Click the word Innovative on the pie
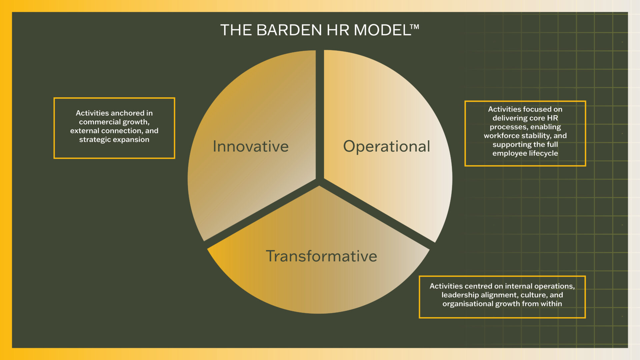coord(251,146)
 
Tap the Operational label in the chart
coord(387,147)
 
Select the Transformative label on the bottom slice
coord(321,256)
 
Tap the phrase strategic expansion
coord(114,140)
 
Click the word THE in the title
coord(236,30)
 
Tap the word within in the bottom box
coord(551,304)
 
